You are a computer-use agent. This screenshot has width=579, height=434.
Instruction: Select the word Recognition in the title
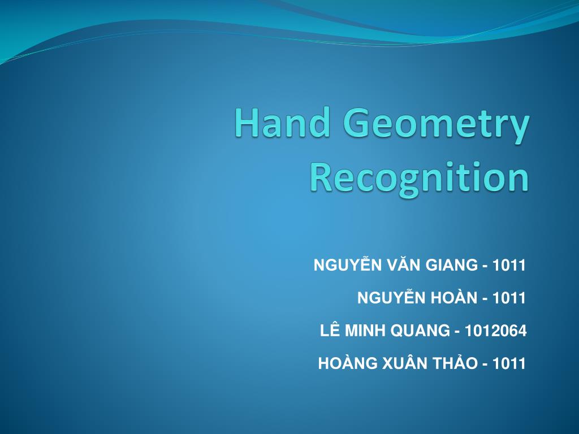(x=419, y=177)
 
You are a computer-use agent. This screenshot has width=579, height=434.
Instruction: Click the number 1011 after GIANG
(x=509, y=264)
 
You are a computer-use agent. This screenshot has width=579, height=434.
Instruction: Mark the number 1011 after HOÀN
(x=509, y=298)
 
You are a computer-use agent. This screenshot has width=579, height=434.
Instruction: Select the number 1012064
(x=495, y=331)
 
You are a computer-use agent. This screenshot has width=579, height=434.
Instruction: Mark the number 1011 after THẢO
(x=509, y=363)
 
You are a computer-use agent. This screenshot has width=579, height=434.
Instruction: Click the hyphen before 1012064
(x=457, y=332)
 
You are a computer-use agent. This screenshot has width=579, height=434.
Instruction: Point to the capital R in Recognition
(x=321, y=177)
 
